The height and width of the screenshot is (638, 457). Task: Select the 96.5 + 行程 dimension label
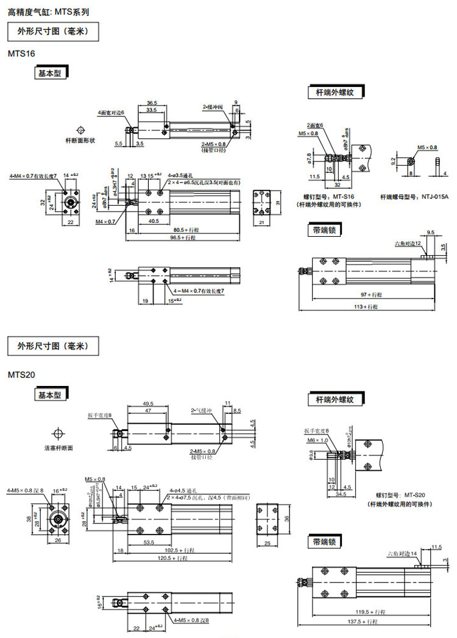point(184,237)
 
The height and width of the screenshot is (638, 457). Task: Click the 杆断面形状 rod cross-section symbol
point(80,130)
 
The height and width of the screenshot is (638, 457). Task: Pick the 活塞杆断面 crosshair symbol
point(58,434)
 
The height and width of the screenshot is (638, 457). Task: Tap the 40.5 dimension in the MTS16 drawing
point(154,222)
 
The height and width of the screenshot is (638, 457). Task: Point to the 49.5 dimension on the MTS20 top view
point(147,403)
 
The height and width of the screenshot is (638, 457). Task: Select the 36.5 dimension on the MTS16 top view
point(152,103)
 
